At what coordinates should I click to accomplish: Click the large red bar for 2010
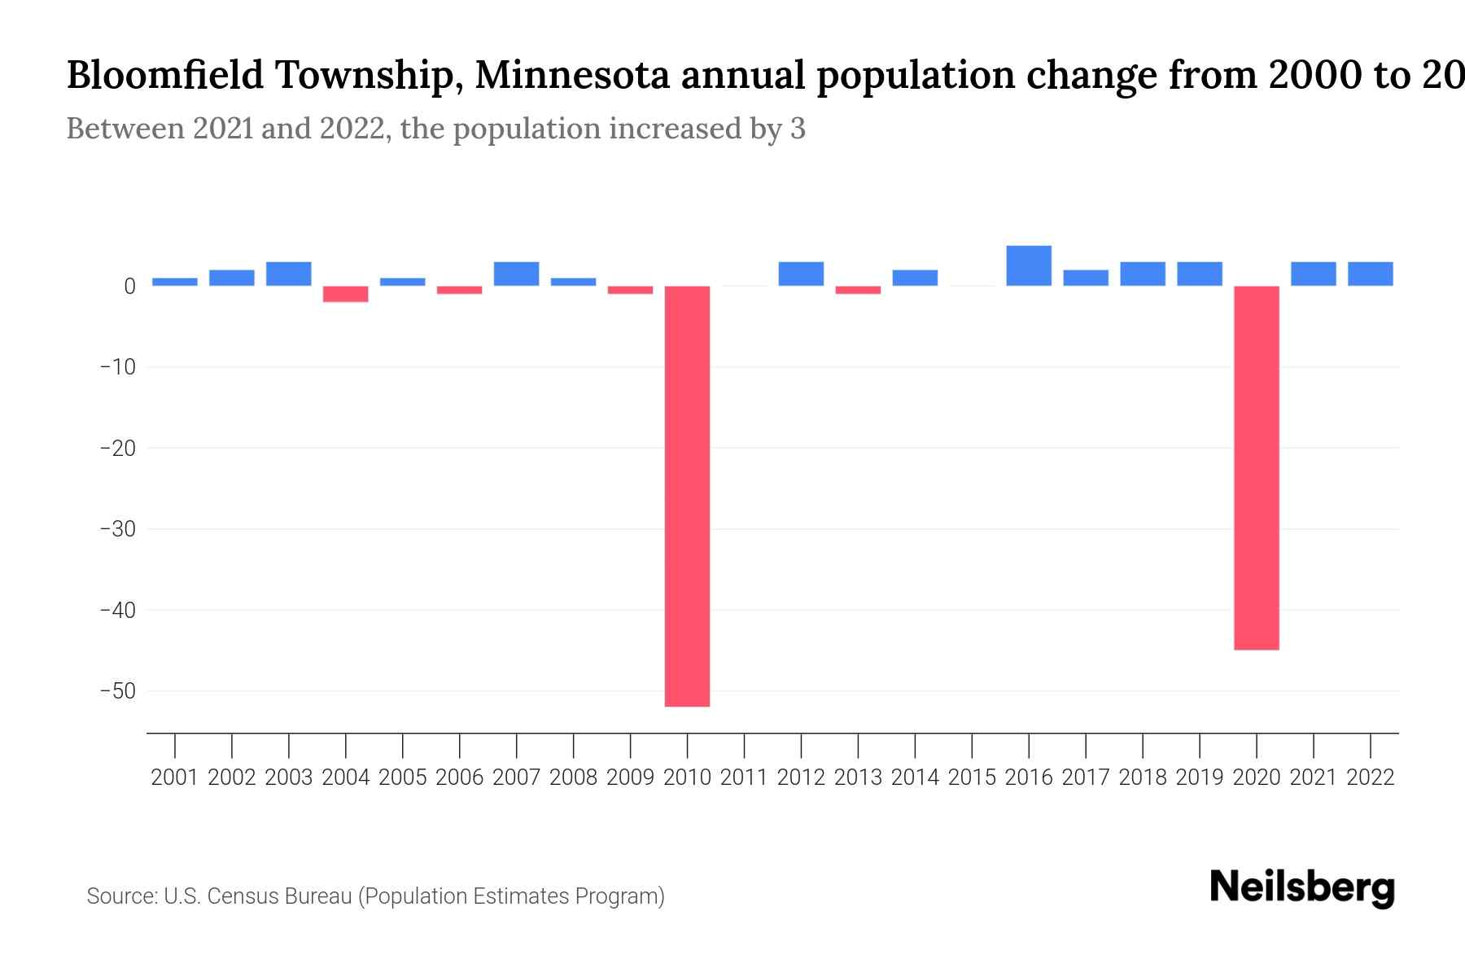tap(687, 496)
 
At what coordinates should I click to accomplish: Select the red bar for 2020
tap(1256, 467)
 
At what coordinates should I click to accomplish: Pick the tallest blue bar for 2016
tap(1029, 265)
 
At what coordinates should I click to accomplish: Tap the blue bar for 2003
tap(289, 274)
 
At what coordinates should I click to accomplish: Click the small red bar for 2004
tap(346, 294)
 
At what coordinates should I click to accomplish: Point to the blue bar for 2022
tap(1370, 274)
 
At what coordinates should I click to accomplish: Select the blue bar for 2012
tap(801, 274)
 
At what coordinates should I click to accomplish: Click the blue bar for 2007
tap(516, 274)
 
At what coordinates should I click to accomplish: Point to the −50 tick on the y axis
tap(117, 691)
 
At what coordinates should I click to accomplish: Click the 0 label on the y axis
tap(129, 287)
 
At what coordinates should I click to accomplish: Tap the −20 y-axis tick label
tap(117, 449)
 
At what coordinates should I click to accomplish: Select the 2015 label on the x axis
tap(972, 778)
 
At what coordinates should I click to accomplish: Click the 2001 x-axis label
tap(175, 778)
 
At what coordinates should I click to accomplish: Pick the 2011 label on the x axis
tap(744, 778)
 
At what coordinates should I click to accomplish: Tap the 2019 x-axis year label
tap(1200, 778)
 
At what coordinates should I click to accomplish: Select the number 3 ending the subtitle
tap(798, 129)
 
